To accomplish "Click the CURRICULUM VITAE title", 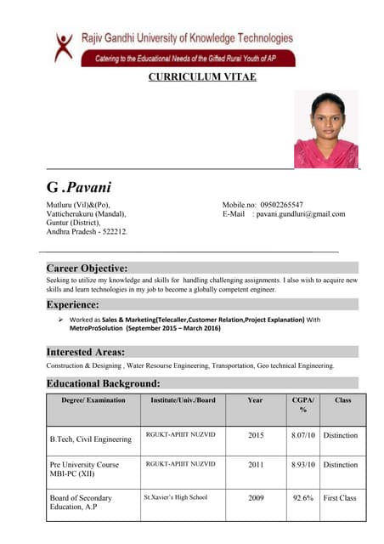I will (202, 77).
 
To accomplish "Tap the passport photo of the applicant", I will (325, 129).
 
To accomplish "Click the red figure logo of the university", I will (64, 47).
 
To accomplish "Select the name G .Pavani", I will (79, 187).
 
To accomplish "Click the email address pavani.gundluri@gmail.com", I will (301, 214).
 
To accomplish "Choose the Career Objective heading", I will (87, 268).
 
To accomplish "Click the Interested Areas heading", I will (86, 352).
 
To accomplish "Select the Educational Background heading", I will (103, 383).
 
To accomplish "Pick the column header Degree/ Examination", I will (93, 399).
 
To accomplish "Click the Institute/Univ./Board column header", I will (183, 399).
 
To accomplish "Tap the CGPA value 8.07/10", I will (303, 435).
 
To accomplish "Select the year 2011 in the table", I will (256, 465).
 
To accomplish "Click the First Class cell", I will (340, 498).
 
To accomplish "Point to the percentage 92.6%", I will (303, 498).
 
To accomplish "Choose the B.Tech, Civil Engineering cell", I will (91, 439).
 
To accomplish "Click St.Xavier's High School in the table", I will (176, 497).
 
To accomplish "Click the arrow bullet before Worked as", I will (62, 320).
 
